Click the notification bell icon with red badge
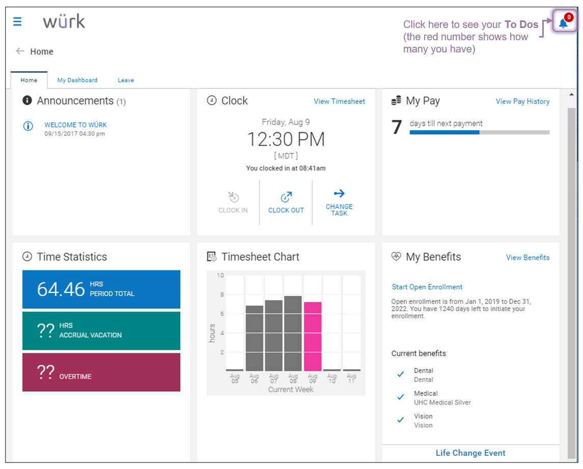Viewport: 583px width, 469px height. [564, 22]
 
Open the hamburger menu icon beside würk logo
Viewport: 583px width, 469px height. [17, 21]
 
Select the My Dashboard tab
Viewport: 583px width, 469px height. [77, 80]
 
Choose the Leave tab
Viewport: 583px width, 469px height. [126, 80]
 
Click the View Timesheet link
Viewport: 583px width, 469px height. [339, 101]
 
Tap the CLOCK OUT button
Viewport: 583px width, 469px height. [286, 202]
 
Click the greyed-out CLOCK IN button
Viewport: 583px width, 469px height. [233, 202]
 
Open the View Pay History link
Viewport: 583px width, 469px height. [522, 101]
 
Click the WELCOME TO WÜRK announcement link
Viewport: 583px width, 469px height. [75, 125]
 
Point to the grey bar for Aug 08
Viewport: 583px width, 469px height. [293, 333]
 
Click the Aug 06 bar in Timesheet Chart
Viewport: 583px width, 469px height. [255, 338]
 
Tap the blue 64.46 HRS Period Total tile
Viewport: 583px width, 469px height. [101, 289]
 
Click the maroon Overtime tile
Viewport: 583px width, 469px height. [101, 372]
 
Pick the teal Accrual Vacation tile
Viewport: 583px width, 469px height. [101, 330]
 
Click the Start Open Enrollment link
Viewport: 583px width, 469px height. [427, 287]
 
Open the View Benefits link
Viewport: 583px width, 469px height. [528, 257]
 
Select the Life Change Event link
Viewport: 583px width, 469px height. [470, 453]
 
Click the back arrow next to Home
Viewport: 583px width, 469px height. [20, 51]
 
